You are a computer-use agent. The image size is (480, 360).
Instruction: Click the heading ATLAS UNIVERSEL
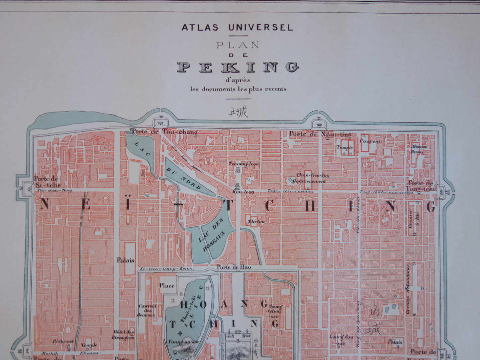(x=237, y=27)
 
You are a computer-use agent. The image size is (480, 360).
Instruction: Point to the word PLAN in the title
(x=237, y=45)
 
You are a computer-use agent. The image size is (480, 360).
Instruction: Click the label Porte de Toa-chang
(x=164, y=132)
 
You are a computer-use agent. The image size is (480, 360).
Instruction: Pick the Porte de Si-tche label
(x=47, y=182)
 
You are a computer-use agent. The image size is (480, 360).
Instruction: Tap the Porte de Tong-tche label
(x=420, y=186)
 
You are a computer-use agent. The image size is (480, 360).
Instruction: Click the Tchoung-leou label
(x=239, y=164)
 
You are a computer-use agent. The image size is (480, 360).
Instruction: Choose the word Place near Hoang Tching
(x=166, y=285)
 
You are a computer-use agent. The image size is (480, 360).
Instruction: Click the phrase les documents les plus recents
(x=238, y=89)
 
